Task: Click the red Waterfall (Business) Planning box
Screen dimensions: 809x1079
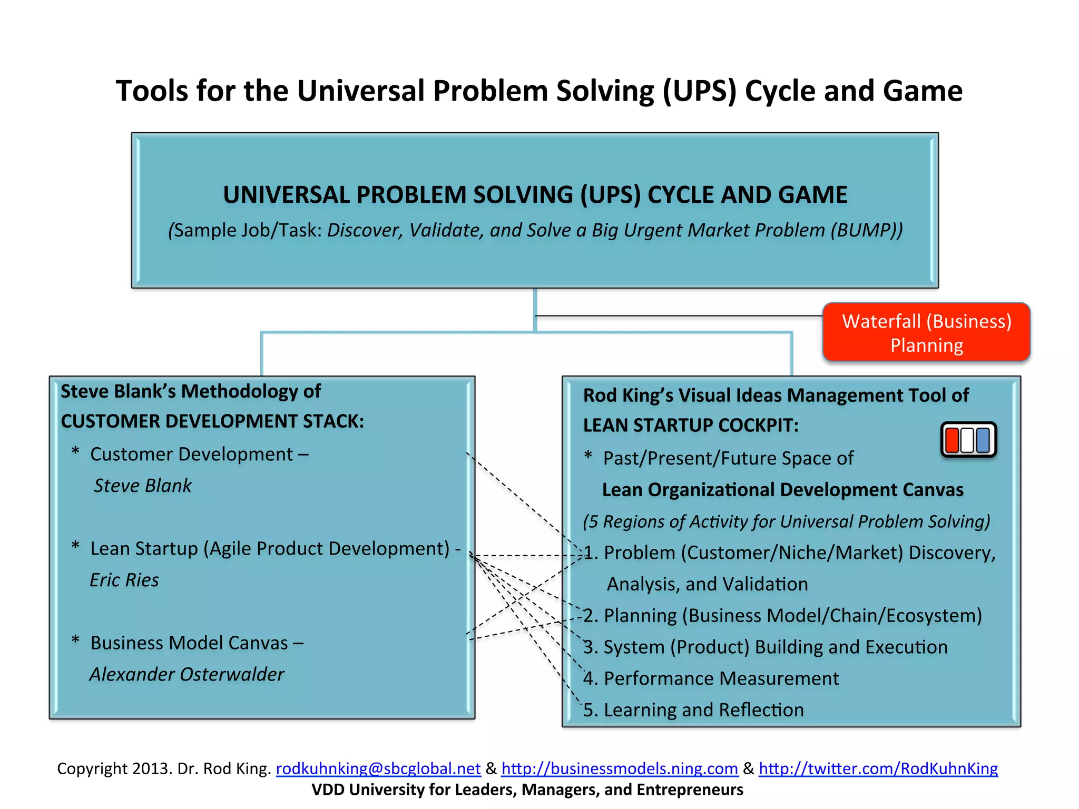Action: click(x=926, y=332)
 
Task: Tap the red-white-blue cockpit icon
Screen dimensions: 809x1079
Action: click(x=968, y=440)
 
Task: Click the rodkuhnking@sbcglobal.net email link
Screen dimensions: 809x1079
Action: click(x=378, y=768)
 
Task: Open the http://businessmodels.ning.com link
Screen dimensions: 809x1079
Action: click(x=619, y=768)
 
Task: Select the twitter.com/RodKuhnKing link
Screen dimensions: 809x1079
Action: click(x=878, y=768)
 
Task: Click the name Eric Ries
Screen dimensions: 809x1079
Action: click(x=124, y=580)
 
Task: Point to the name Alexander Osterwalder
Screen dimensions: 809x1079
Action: click(x=187, y=674)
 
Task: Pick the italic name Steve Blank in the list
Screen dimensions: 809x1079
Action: click(x=142, y=486)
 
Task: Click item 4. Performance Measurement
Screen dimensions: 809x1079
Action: click(x=711, y=678)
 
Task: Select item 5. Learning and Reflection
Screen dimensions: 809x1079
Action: click(x=693, y=710)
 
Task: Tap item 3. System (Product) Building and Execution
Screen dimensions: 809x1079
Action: click(x=765, y=647)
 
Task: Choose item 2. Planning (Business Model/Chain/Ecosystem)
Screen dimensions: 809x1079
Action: click(x=782, y=615)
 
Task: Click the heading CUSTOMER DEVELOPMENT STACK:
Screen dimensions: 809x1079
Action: click(x=212, y=421)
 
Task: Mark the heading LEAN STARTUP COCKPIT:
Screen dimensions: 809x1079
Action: click(x=690, y=425)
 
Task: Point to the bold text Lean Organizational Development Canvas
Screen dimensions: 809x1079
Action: click(x=782, y=490)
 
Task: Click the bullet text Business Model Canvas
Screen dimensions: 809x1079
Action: click(x=189, y=643)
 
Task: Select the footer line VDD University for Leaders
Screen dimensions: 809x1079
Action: click(x=527, y=790)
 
